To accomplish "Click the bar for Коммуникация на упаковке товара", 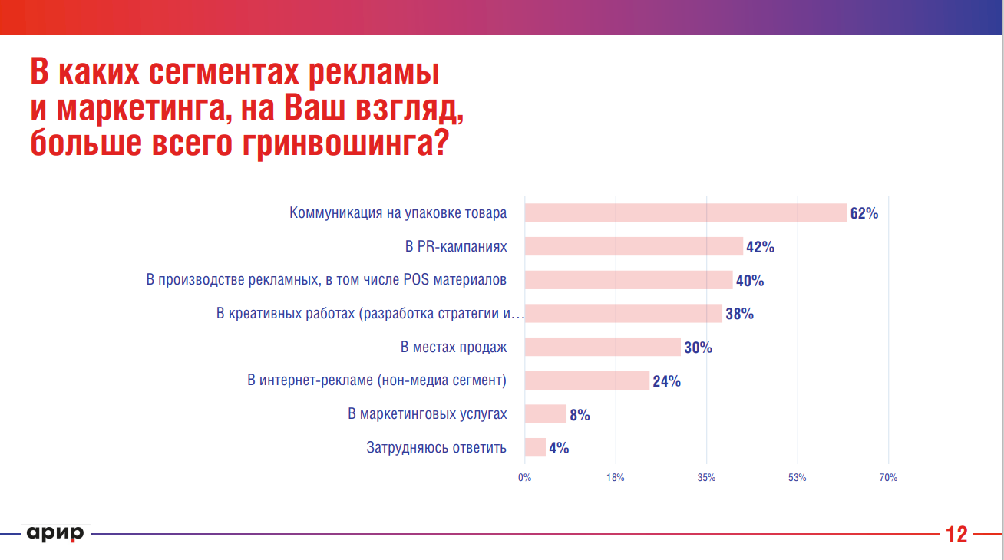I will tap(685, 212).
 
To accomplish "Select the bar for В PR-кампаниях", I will tap(633, 246).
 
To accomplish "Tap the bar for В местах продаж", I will tap(603, 347).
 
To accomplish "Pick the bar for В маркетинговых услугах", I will tap(545, 414).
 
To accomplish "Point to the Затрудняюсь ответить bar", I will tap(535, 447).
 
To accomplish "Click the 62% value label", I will tap(864, 213).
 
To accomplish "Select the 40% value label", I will tap(749, 281).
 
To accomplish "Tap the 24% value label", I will tap(666, 381).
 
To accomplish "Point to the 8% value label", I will tap(580, 415).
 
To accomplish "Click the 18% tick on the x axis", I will tap(616, 478).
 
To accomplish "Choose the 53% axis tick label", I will tap(797, 478).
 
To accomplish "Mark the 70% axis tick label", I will tap(888, 478).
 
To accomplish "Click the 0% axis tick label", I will tap(524, 478).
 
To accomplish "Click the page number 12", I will tap(956, 535).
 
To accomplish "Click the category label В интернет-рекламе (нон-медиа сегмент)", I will tap(377, 380).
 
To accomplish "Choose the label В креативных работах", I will tap(369, 314).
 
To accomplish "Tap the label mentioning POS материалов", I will tap(326, 280).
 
